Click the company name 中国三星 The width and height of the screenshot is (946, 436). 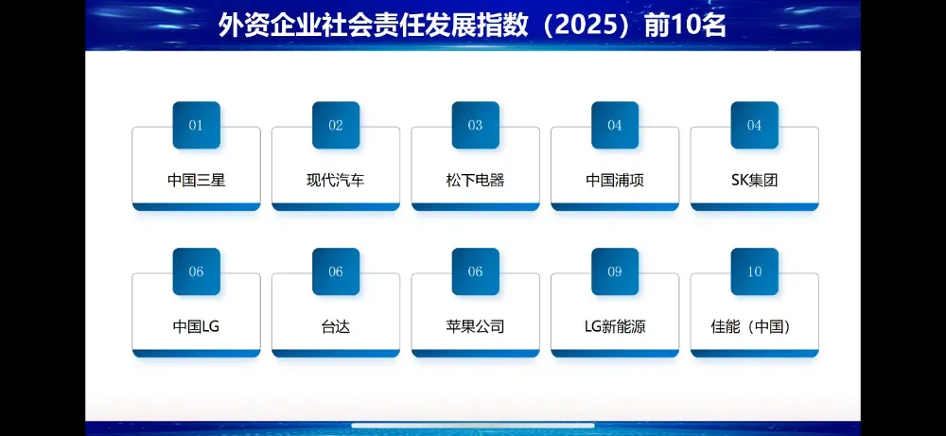(196, 180)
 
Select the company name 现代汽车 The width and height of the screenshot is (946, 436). (336, 180)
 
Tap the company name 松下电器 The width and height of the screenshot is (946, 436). (475, 180)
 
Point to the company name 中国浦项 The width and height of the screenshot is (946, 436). (615, 180)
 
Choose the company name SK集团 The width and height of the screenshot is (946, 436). (754, 180)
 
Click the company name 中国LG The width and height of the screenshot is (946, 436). (196, 326)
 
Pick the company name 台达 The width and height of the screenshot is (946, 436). (336, 326)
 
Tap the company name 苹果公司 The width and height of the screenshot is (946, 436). (475, 326)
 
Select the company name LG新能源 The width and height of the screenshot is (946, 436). (615, 326)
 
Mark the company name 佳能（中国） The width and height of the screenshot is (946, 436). (754, 326)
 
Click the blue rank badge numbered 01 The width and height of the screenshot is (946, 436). (196, 125)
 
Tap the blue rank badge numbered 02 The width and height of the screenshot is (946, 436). (336, 125)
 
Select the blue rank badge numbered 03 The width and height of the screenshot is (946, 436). (475, 125)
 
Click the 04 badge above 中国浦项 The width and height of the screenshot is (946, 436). (615, 125)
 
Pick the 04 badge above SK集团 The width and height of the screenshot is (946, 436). (754, 125)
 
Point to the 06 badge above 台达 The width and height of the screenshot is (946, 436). (336, 271)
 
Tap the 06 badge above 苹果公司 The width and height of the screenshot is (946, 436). (475, 271)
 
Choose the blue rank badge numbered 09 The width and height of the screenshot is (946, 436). (615, 271)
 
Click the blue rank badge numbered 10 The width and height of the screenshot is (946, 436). (754, 271)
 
